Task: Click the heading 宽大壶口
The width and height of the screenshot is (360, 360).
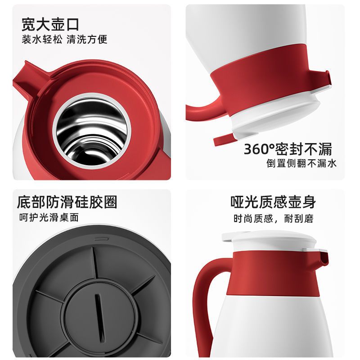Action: [50, 25]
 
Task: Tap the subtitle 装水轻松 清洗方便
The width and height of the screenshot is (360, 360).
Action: [64, 39]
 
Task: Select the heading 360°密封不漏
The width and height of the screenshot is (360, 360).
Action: [288, 149]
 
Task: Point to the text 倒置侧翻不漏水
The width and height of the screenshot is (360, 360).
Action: [301, 163]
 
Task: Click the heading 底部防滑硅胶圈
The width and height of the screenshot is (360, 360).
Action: [67, 202]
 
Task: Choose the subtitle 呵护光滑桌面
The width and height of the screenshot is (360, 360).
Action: [49, 217]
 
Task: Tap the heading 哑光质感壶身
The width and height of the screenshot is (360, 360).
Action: [273, 202]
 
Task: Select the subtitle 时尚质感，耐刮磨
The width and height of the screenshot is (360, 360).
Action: [274, 218]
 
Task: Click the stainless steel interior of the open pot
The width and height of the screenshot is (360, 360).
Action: [92, 130]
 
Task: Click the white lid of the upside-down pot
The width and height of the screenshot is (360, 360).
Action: [275, 117]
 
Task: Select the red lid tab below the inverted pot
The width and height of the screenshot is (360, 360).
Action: [224, 140]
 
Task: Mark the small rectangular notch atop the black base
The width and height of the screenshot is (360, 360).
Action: [101, 239]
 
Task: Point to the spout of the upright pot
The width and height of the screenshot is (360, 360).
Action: [323, 258]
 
